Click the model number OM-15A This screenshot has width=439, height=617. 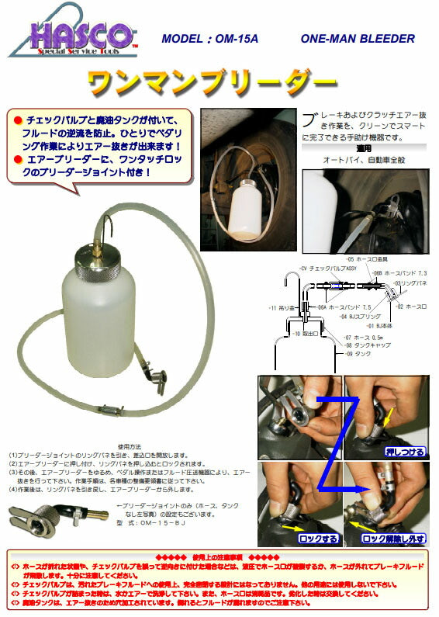click(x=209, y=38)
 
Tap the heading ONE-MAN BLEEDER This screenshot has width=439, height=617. click(x=357, y=38)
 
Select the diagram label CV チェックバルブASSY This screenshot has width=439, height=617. click(x=327, y=267)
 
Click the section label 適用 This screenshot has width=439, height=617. click(x=363, y=147)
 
